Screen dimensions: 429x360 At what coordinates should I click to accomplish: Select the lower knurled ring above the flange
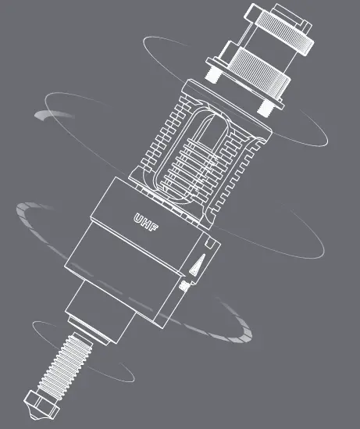point(254,66)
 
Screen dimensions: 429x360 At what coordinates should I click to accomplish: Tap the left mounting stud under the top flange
point(211,73)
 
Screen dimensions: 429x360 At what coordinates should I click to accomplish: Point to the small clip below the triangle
point(185,286)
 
